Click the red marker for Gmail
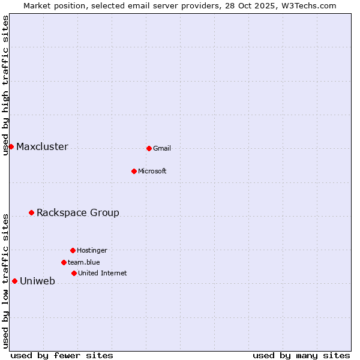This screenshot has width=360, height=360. [x=149, y=148]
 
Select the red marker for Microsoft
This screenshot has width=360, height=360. [x=134, y=171]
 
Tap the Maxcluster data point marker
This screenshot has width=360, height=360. [x=11, y=146]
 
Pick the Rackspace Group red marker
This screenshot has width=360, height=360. [x=31, y=212]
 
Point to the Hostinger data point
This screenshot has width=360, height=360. [x=73, y=250]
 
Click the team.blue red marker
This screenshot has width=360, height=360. [x=64, y=262]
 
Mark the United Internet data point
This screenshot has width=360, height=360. [x=74, y=273]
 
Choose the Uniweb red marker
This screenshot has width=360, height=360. [x=14, y=281]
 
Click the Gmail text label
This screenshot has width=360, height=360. [x=162, y=148]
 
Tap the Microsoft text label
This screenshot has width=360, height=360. [x=152, y=171]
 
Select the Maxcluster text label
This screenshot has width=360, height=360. [x=42, y=147]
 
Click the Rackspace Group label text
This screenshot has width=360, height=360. [x=78, y=213]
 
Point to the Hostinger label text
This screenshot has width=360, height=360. [x=92, y=250]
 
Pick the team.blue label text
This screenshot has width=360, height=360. [x=84, y=262]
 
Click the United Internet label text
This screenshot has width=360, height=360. [x=103, y=273]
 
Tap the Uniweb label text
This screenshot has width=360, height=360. [x=37, y=281]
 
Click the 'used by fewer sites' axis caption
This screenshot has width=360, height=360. [x=62, y=355]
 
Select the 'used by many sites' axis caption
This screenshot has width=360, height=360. [x=301, y=355]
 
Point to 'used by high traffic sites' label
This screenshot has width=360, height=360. [x=6, y=85]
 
